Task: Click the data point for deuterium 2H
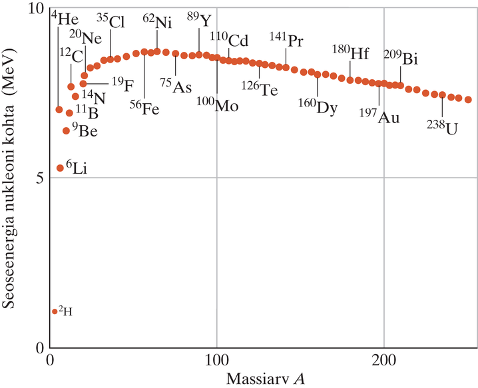(55, 311)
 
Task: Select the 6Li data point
(60, 168)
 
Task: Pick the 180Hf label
(350, 53)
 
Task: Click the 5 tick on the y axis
(40, 178)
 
